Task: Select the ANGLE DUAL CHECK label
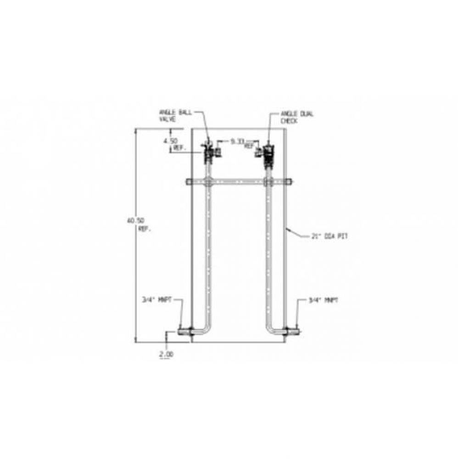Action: click(x=297, y=117)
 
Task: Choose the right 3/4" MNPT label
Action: click(x=323, y=301)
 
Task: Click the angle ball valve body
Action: click(x=208, y=152)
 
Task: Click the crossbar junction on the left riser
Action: click(x=209, y=182)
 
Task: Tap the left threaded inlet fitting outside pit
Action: click(x=183, y=331)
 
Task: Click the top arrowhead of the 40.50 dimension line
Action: click(x=135, y=131)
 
